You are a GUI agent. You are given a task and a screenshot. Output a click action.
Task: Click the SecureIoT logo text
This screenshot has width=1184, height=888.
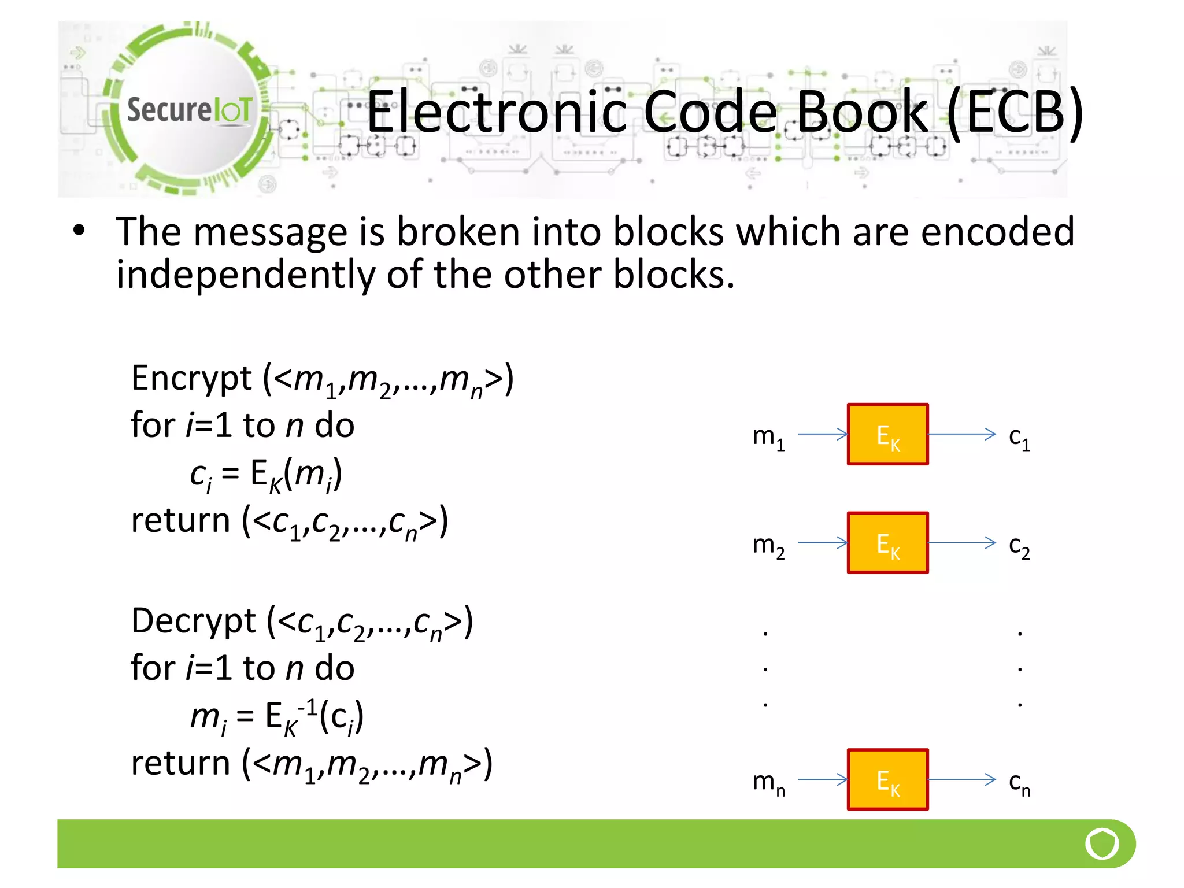189,109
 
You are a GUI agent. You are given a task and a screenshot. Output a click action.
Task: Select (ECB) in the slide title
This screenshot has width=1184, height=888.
1015,112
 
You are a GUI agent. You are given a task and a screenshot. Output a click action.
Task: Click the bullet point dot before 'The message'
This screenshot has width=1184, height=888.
79,231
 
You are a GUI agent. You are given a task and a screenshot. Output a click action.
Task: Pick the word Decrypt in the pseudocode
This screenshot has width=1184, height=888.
194,621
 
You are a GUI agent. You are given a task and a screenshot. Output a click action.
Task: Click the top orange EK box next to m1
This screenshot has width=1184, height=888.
887,434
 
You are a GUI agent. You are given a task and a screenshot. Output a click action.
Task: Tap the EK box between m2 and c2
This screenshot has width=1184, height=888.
887,543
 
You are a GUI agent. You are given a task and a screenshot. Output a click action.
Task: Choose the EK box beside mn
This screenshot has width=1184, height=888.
887,780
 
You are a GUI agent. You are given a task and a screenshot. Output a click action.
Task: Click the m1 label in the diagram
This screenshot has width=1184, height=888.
768,437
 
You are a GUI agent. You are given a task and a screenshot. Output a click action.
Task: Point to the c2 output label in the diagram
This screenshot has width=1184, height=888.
1019,546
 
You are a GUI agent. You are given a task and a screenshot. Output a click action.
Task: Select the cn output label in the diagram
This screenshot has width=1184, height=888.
1019,783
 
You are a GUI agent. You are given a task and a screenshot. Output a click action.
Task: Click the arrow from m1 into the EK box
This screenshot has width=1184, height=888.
822,434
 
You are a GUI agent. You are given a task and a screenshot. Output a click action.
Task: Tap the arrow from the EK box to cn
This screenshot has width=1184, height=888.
962,779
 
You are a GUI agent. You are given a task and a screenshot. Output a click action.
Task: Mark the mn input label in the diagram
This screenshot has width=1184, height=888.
768,783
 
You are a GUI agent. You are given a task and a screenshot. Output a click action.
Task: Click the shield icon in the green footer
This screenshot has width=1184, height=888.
1102,843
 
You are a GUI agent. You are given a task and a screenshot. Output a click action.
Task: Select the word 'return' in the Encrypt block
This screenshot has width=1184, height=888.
180,520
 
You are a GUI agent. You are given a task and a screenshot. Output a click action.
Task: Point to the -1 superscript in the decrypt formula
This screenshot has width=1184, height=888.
307,706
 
